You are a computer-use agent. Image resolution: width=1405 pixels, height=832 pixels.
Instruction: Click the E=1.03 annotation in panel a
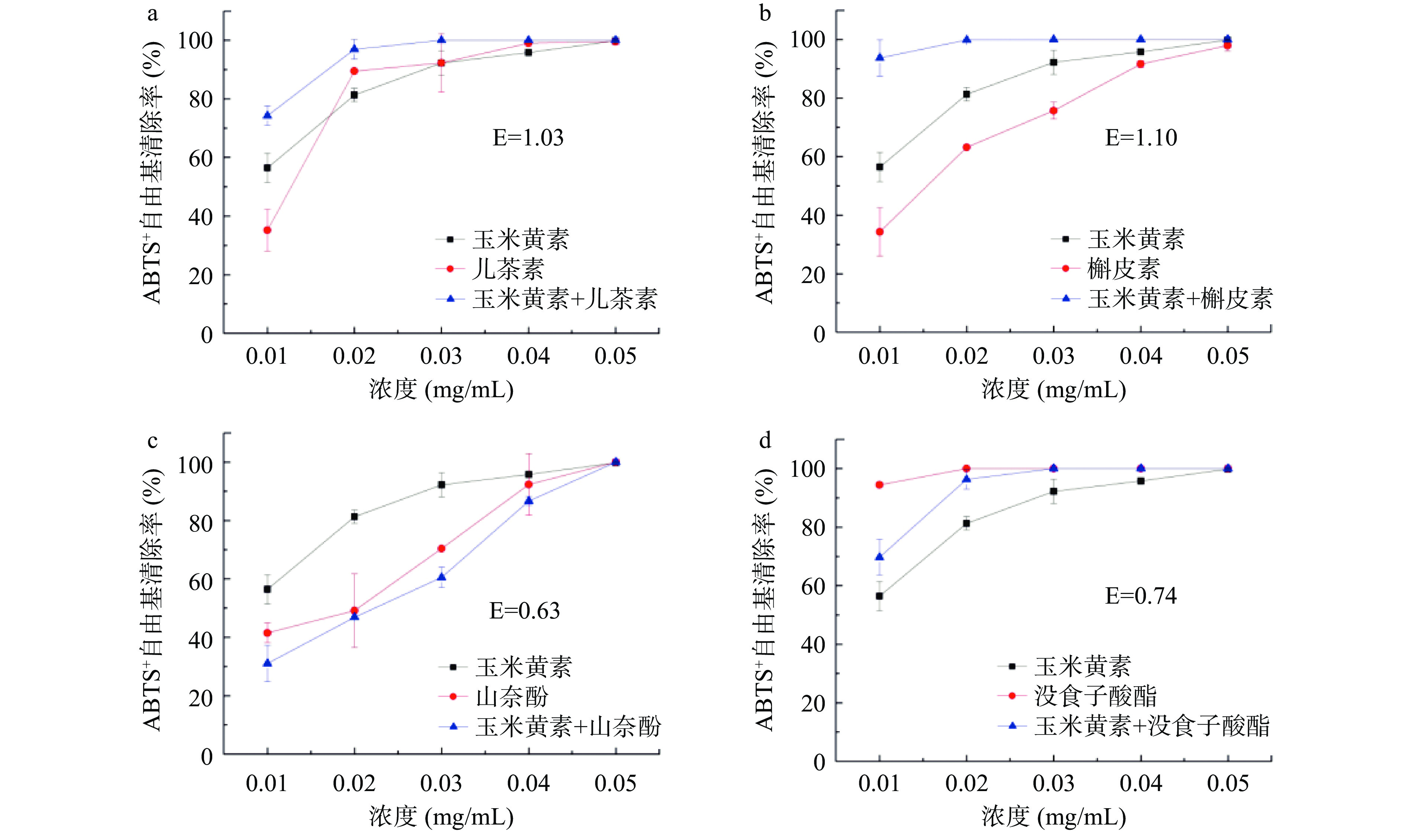coord(528,137)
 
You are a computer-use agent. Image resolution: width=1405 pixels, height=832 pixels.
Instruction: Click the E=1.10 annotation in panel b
coord(1141,137)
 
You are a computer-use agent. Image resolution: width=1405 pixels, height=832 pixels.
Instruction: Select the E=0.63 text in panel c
coord(524,611)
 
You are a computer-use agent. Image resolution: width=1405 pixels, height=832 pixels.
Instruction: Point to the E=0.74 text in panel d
coord(1141,595)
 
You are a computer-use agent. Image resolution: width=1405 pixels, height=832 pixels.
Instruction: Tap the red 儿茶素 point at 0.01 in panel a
coord(267,230)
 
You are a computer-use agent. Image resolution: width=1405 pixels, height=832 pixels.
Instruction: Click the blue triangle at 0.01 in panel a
coord(267,116)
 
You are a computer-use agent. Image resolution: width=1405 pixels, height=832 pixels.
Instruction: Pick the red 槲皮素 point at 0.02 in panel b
coord(966,147)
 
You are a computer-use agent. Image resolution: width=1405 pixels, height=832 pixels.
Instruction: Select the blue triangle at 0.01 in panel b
coord(879,57)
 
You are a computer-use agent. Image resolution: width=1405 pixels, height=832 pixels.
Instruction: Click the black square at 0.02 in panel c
coord(354,516)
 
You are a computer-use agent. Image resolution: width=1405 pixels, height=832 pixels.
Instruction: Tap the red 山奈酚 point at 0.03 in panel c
coord(442,548)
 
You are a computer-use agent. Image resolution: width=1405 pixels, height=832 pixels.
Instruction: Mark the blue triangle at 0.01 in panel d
coord(879,557)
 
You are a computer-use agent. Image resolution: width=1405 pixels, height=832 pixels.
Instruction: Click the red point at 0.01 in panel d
coord(879,485)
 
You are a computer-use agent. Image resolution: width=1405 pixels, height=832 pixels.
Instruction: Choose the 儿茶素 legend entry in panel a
coord(508,269)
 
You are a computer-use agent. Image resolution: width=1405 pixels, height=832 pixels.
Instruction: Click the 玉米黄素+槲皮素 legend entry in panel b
coord(1180,299)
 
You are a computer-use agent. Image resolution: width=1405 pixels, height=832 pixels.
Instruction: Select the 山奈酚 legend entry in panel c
coord(511,697)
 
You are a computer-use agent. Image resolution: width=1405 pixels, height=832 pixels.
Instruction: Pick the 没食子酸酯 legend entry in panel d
coord(1095,696)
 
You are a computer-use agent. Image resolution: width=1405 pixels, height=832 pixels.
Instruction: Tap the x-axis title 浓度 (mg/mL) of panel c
coord(442,816)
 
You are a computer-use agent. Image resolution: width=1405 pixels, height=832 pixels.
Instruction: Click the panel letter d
coord(765,441)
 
